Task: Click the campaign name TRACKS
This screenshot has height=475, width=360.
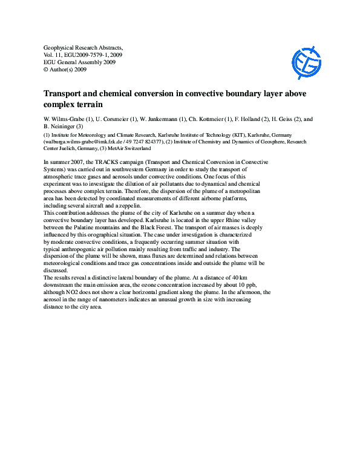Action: pos(119,162)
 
